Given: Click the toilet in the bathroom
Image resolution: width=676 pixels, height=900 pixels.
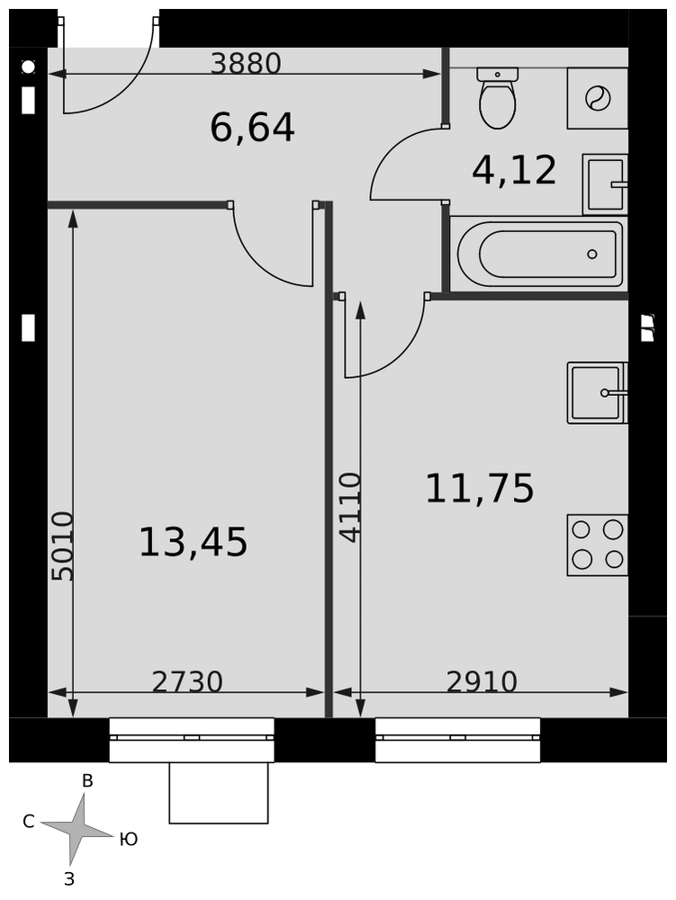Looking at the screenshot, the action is coord(497,97).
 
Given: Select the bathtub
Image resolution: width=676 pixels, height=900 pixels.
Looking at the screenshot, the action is coord(539,254).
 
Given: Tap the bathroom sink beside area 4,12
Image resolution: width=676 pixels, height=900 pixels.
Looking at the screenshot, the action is coord(605,184).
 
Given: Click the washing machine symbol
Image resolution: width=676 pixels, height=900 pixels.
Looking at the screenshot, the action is coord(598,98).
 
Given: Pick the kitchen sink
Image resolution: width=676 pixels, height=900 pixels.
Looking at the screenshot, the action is coord(598,392).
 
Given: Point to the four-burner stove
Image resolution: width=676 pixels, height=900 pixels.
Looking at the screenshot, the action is coord(598,544).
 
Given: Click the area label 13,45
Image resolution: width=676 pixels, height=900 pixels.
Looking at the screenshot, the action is coord(194,543).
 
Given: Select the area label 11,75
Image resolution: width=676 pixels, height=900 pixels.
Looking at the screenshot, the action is coord(480,489).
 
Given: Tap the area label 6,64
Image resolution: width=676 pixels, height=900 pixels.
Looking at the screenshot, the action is coord(253,128).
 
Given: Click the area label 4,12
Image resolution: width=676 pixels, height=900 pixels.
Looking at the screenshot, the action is coord(514,170).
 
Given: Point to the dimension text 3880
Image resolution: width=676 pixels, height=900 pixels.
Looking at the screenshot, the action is coord(246,64).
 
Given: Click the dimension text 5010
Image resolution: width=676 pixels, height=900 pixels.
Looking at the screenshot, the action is coord(62,546).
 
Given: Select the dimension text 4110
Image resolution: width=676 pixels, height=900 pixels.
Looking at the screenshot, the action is coord(350,508).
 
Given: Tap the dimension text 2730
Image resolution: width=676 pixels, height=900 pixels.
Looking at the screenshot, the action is coord(187,682).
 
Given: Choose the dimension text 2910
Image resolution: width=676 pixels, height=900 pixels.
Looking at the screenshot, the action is coord(482,682).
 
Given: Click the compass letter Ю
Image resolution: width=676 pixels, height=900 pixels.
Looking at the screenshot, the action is coord(129,839).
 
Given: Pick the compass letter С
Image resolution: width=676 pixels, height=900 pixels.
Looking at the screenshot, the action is coord(29,822).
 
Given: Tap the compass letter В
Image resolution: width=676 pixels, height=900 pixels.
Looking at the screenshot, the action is coord(87,780).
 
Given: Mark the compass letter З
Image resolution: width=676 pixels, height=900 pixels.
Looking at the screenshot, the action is coord(69,879).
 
